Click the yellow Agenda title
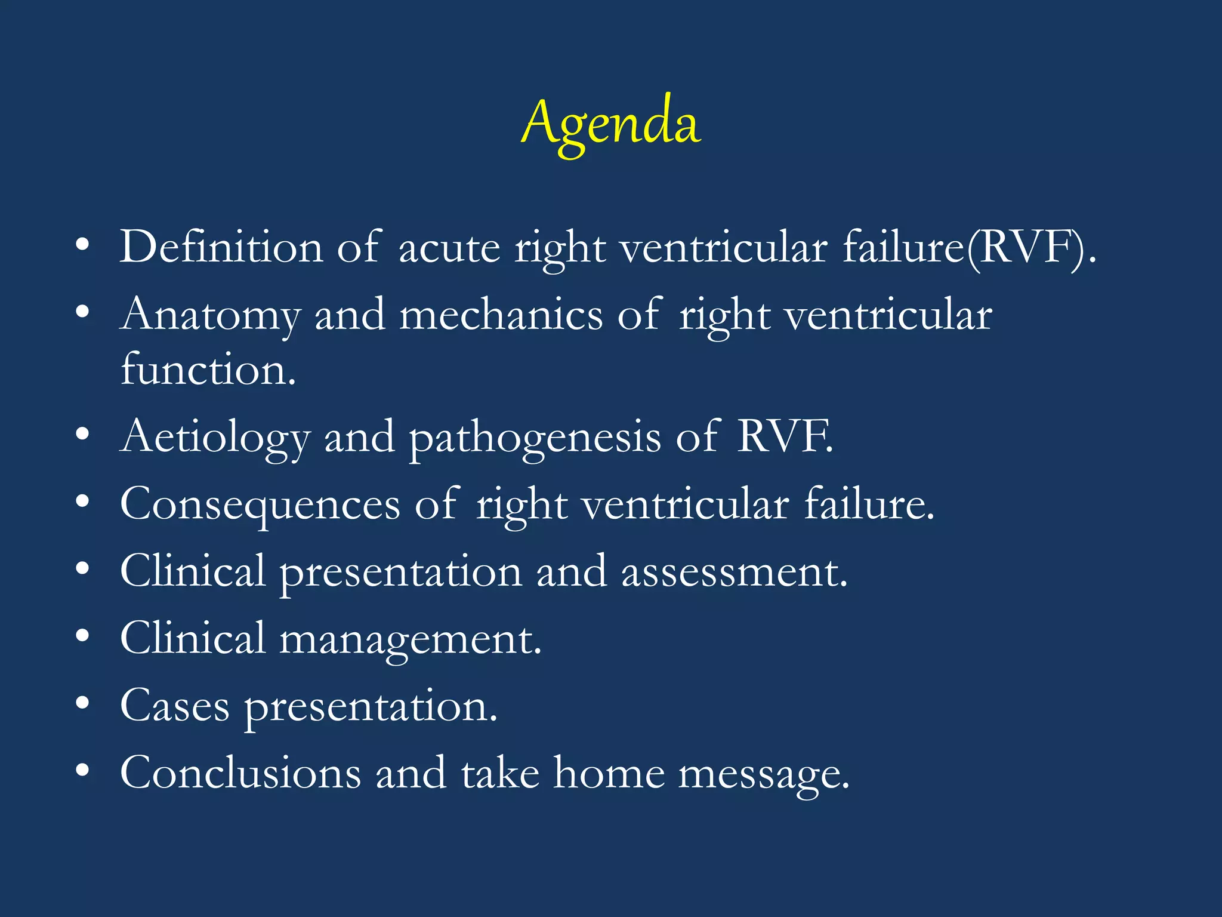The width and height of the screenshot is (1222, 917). tap(611, 124)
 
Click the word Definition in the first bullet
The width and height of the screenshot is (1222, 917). tap(221, 247)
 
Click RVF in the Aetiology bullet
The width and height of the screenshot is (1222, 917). tap(784, 437)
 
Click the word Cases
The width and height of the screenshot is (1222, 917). tap(175, 707)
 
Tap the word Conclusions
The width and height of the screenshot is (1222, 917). tap(240, 774)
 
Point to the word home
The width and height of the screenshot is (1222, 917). tap(609, 774)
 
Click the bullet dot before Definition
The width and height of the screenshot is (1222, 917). tap(83, 245)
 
